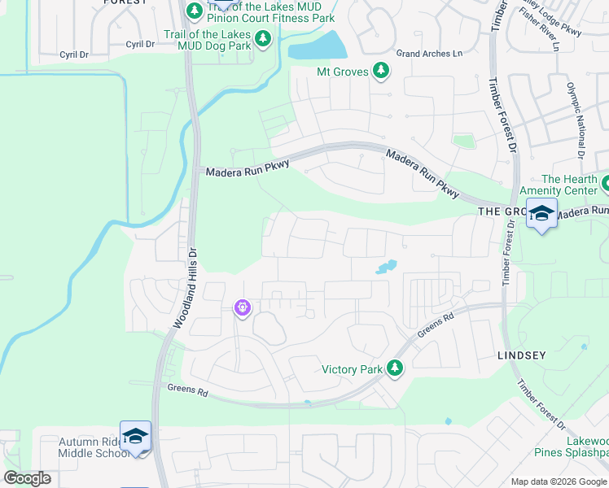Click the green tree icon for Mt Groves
[x=380, y=72]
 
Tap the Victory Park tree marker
[x=395, y=368]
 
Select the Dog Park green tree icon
[x=262, y=38]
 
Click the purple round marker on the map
[x=242, y=308]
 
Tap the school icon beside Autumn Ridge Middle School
[x=135, y=436]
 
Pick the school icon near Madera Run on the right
[x=541, y=214]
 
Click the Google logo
[x=27, y=478]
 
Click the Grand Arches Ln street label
[x=428, y=54]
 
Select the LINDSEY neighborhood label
[x=520, y=356]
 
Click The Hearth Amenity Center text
[x=575, y=185]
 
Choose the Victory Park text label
[x=352, y=369]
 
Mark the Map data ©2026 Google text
[x=559, y=481]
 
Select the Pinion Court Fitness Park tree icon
[x=195, y=11]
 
